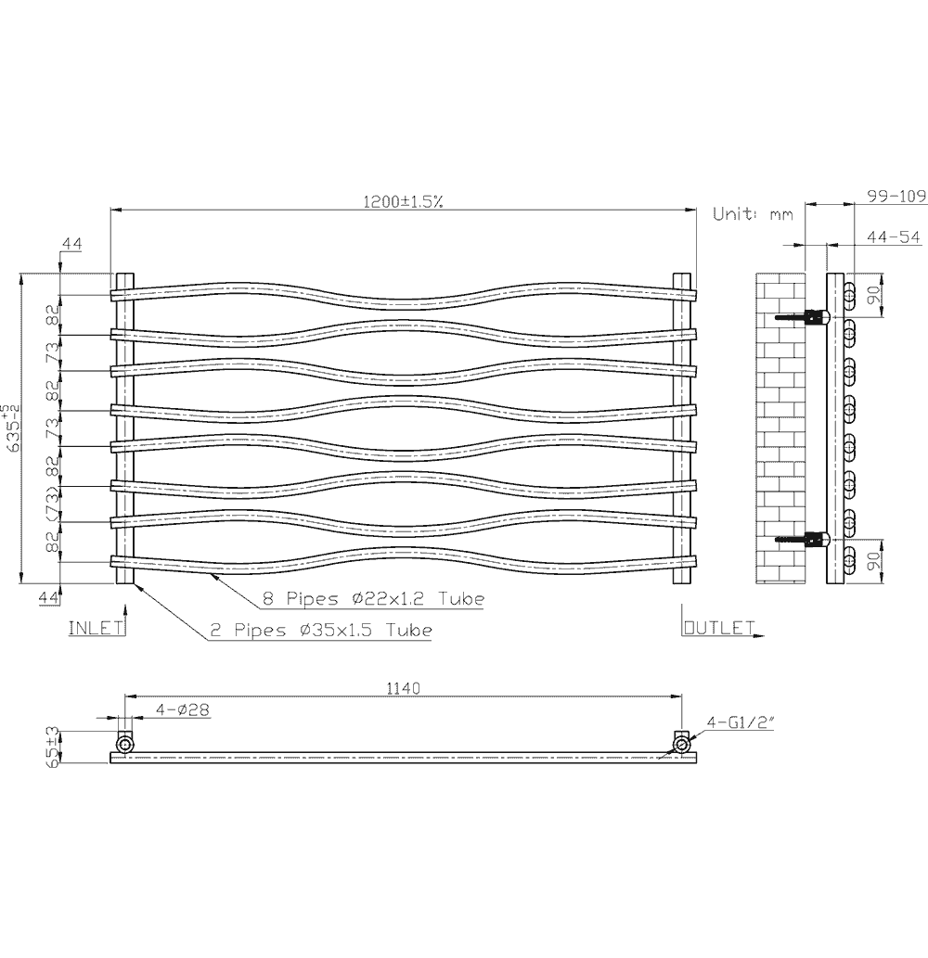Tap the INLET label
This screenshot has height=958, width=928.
coord(97,628)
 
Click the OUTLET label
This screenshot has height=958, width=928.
coord(718,628)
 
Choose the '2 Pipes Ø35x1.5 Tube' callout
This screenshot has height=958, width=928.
coord(320,631)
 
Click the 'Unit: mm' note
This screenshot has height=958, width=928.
coord(753,214)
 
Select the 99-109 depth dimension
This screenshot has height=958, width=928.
coord(896,196)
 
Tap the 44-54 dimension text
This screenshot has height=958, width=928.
coord(893,237)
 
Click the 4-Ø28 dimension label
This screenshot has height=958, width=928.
coord(183,709)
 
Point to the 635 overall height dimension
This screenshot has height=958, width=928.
coord(11,428)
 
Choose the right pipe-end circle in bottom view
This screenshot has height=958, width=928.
coord(682,744)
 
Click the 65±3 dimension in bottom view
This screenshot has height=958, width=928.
coord(54,747)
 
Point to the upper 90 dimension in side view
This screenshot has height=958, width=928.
coord(872,295)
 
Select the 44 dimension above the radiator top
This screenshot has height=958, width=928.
coord(71,244)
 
